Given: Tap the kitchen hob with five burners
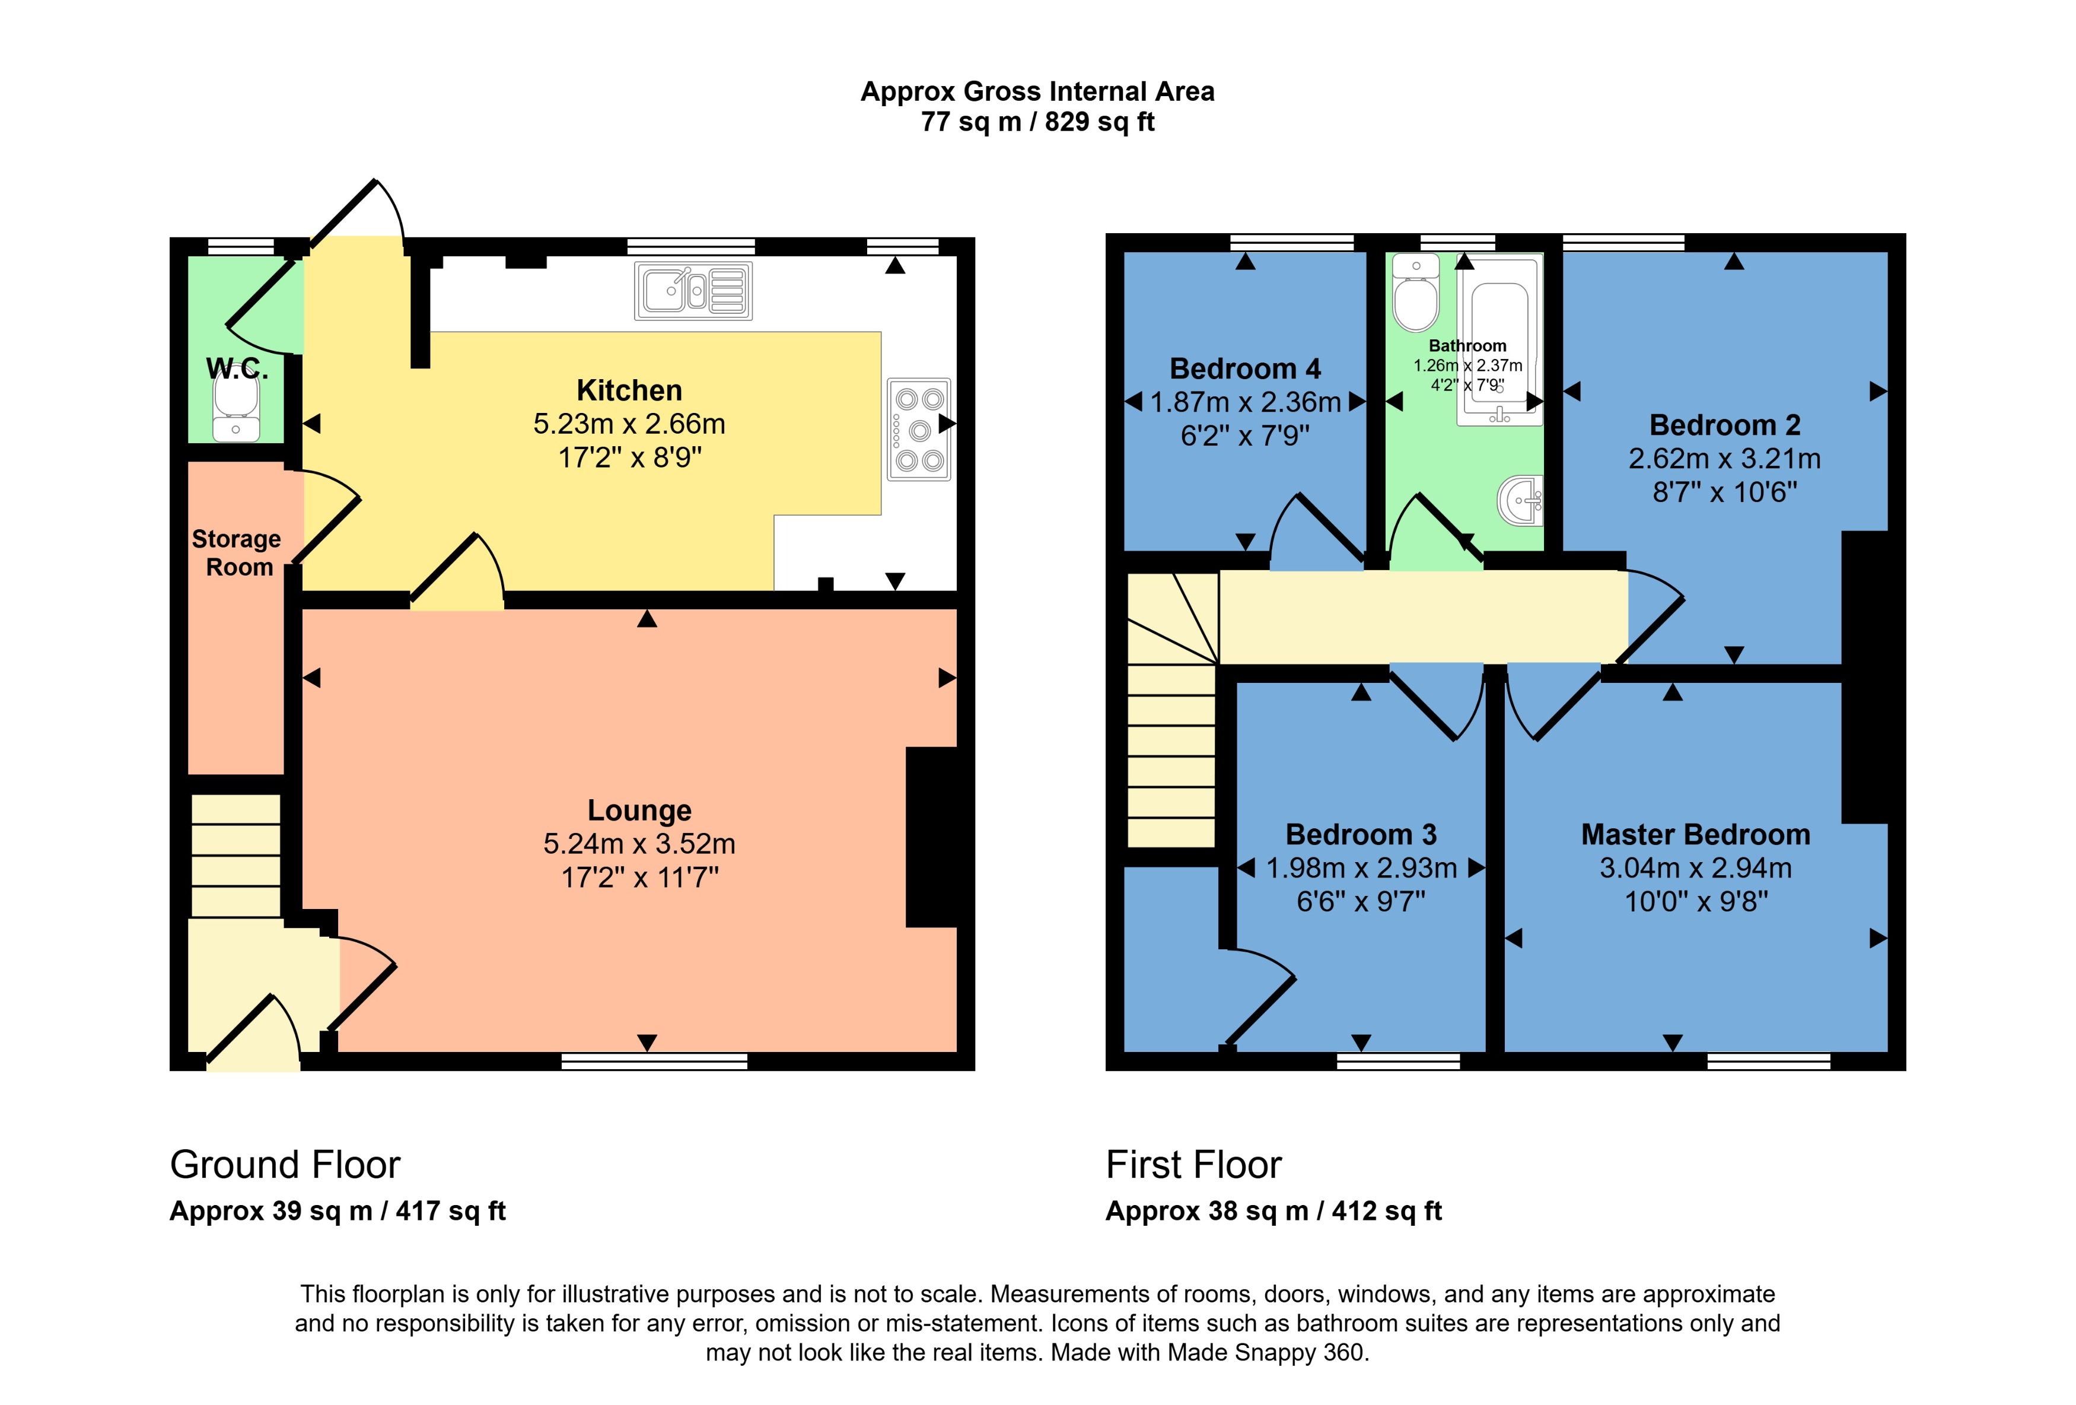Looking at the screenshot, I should click(918, 429).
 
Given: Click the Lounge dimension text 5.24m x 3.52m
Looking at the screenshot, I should click(639, 844).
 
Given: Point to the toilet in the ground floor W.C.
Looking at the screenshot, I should click(236, 406).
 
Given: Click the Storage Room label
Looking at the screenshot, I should click(237, 552).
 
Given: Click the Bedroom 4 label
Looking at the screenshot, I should click(1244, 368).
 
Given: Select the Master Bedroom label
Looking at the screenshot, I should click(1695, 834).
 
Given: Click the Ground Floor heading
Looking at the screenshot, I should click(285, 1165).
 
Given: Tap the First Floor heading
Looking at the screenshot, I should click(1193, 1165).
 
